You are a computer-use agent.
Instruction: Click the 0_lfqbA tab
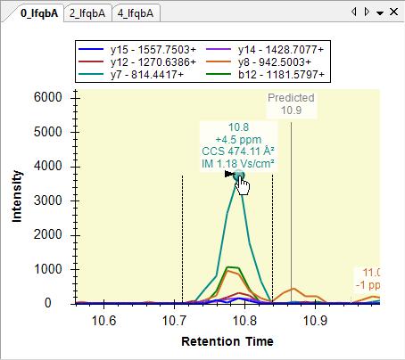pyautogui.click(x=39, y=13)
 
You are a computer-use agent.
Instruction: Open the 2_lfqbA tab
pyautogui.click(x=87, y=13)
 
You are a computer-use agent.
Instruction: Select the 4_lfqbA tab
pyautogui.click(x=136, y=13)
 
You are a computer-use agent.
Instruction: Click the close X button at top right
pyautogui.click(x=393, y=12)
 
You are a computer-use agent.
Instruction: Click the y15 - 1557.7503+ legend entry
pyautogui.click(x=137, y=50)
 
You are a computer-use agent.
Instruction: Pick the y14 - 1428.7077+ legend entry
pyautogui.click(x=265, y=50)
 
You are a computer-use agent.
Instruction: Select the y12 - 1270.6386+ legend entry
pyautogui.click(x=137, y=62)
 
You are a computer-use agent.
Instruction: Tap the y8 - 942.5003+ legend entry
pyautogui.click(x=259, y=62)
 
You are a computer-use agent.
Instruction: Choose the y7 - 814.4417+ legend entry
pyautogui.click(x=131, y=75)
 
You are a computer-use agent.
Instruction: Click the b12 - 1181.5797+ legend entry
pyautogui.click(x=265, y=75)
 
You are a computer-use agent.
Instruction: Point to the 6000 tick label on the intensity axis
pyautogui.click(x=48, y=97)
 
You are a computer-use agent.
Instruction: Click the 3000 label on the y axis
pyautogui.click(x=48, y=200)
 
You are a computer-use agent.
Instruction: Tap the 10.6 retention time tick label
pyautogui.click(x=103, y=321)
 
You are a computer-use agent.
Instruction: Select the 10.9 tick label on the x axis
pyautogui.click(x=315, y=321)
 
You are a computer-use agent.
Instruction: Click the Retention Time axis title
pyautogui.click(x=227, y=341)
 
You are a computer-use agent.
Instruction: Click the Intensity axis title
pyautogui.click(x=17, y=196)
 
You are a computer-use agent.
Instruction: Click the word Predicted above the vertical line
pyautogui.click(x=291, y=98)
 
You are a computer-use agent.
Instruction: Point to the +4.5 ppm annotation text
pyautogui.click(x=238, y=140)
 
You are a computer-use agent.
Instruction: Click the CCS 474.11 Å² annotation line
pyautogui.click(x=238, y=151)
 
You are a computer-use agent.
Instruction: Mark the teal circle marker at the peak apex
pyautogui.click(x=238, y=176)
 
